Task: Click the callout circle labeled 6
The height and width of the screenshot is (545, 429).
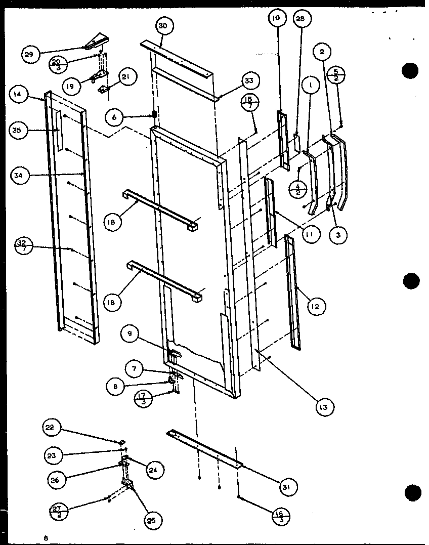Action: pos(115,117)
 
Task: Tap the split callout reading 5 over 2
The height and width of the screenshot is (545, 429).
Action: pos(336,74)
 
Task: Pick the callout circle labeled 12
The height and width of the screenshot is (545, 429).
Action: pos(316,306)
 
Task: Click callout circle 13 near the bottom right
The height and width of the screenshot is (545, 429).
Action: pos(324,407)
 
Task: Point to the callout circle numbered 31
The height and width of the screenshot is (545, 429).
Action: pos(288,487)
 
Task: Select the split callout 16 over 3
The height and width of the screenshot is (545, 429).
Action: pos(279,516)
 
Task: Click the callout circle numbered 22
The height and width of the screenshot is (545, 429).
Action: pos(52,429)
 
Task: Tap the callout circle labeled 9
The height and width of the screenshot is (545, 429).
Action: pos(130,332)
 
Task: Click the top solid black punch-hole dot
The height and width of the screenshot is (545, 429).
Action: pos(411,70)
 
